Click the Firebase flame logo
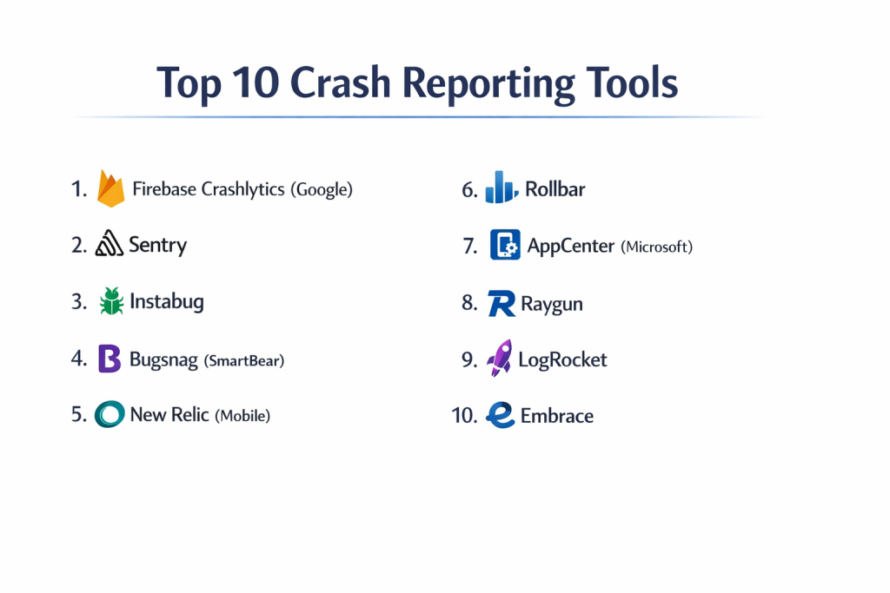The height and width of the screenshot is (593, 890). point(110,188)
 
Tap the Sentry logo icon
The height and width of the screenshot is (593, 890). point(109,244)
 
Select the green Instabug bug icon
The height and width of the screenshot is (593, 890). point(111,300)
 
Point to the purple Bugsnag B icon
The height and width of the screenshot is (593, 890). point(110,359)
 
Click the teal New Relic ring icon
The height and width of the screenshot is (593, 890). point(110,414)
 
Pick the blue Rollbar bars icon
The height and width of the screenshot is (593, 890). point(501,187)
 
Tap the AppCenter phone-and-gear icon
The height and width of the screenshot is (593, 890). point(505,245)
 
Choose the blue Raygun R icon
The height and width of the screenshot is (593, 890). point(501,303)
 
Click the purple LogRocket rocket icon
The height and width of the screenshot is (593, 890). point(500,358)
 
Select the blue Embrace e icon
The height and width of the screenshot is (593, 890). point(501,415)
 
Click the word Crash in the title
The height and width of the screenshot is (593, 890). point(341,82)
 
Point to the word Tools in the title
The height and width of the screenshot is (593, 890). point(632,82)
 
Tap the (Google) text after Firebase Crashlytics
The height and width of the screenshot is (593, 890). point(322,189)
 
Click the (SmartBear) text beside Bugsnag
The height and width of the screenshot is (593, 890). point(244,360)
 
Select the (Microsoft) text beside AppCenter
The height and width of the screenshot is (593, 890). point(657,247)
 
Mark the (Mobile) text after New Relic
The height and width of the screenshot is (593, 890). point(242,416)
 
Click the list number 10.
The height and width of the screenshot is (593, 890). point(464,416)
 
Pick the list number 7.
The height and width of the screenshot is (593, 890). point(470,247)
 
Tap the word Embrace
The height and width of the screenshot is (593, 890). point(557,416)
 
